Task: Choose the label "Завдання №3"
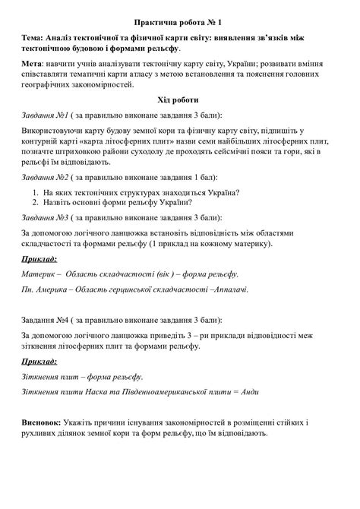coord(46,218)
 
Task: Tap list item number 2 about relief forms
coord(118,202)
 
